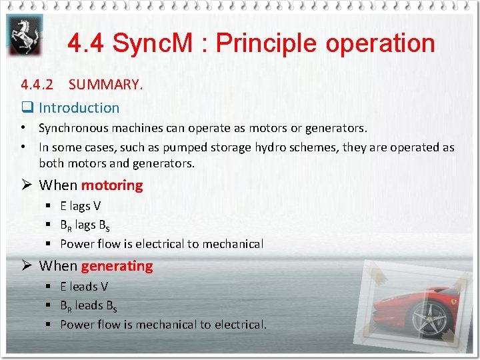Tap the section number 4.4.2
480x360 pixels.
coord(37,85)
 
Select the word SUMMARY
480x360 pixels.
coord(105,85)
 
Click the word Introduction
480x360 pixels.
coord(79,107)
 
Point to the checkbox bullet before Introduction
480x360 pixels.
coord(27,108)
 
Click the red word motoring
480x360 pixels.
coord(112,185)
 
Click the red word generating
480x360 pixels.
coord(117,266)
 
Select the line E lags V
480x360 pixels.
coord(81,206)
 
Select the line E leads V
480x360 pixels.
coord(84,287)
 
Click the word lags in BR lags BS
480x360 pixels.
coord(85,225)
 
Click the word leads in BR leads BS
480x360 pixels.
coord(89,305)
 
